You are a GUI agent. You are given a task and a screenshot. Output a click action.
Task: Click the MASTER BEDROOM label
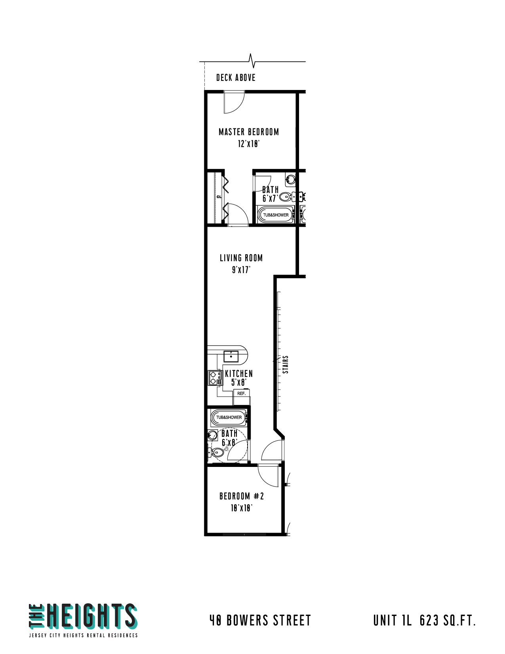point(249,132)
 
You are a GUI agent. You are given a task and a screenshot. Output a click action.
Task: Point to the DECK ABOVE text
point(236,78)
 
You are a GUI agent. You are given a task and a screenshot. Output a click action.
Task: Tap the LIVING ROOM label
point(241,258)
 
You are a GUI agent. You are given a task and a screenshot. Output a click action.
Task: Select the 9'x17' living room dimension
point(241,270)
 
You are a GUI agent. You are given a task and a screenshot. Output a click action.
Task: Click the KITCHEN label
point(239,374)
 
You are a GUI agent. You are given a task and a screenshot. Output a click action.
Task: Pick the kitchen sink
point(231,356)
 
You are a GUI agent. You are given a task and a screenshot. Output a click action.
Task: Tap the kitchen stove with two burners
point(215,378)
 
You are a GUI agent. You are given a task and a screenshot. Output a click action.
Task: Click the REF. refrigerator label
point(242,393)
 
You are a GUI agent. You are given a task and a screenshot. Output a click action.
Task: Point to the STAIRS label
point(286,365)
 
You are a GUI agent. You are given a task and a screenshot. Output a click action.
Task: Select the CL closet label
point(219,197)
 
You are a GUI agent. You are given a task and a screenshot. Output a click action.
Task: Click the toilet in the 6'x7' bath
point(285,197)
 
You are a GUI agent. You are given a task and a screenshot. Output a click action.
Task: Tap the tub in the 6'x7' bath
point(276,215)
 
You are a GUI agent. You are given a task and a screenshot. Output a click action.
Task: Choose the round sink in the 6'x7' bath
point(291,180)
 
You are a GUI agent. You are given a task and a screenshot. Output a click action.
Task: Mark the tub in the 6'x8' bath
point(229,417)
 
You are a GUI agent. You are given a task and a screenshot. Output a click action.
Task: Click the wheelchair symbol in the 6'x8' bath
point(226,448)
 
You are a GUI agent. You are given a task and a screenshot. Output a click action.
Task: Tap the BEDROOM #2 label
point(242,496)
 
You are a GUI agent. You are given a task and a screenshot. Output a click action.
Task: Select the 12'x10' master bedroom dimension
point(249,144)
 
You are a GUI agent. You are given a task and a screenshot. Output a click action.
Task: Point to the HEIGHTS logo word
point(92,616)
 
